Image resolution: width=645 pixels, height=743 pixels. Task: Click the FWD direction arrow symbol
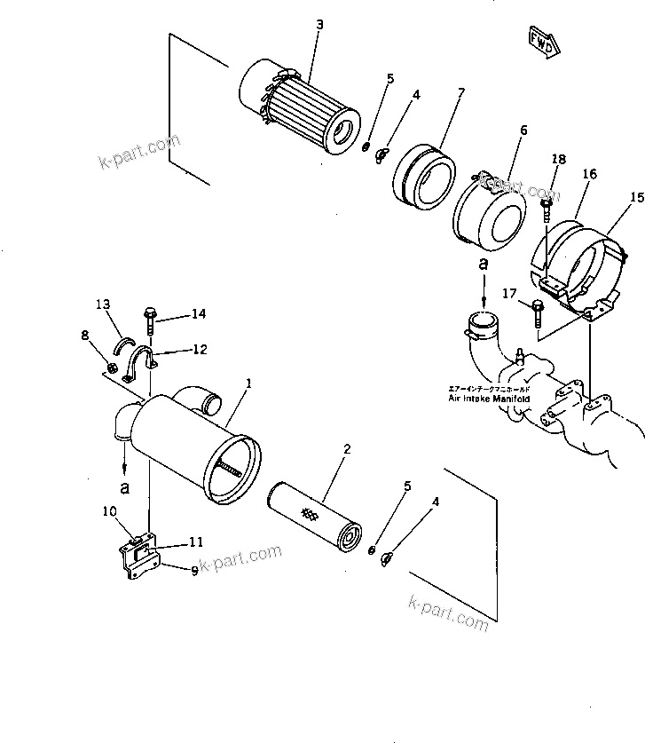(x=541, y=41)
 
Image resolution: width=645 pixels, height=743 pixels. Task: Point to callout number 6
(x=523, y=130)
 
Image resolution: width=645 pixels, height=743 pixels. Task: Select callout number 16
(x=590, y=175)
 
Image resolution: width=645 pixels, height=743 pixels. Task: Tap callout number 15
(x=636, y=196)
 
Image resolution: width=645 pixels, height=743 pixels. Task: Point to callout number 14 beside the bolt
(x=197, y=314)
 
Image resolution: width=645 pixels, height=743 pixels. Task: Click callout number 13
(x=102, y=304)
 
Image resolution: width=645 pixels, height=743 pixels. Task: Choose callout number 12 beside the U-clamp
(x=200, y=350)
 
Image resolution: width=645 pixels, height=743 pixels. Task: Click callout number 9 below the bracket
(x=193, y=572)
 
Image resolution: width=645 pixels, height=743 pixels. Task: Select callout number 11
(x=196, y=542)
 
